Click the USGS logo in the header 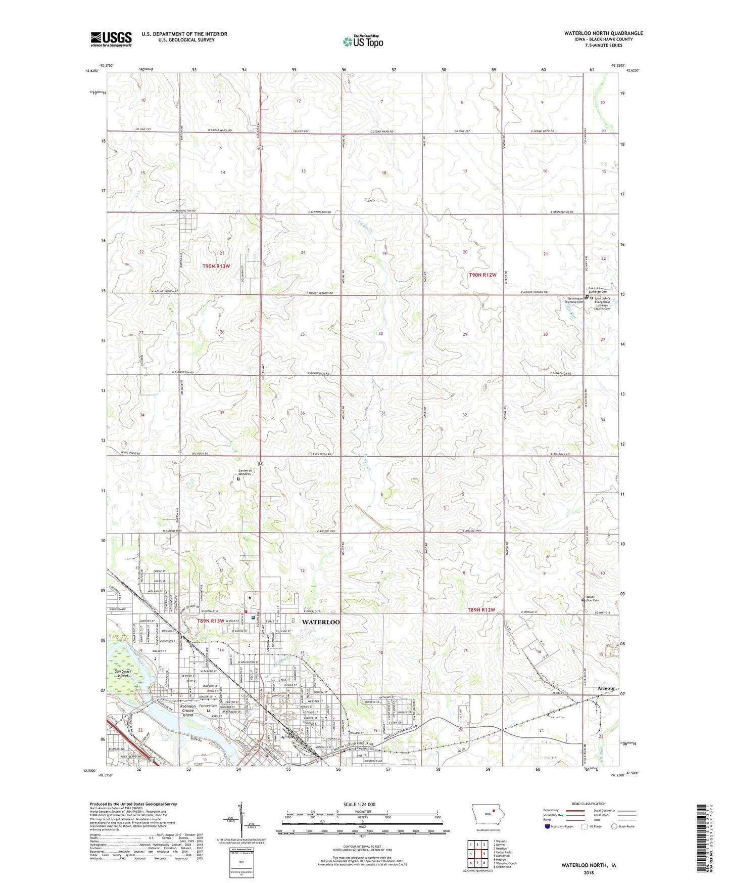click(111, 39)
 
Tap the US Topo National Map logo click(363, 41)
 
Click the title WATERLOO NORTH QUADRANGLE click(603, 33)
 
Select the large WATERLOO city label click(320, 622)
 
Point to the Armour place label click(606, 688)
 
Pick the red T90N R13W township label click(216, 266)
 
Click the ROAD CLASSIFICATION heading click(589, 804)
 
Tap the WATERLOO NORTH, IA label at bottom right click(588, 865)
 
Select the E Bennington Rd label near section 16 click(562, 212)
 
